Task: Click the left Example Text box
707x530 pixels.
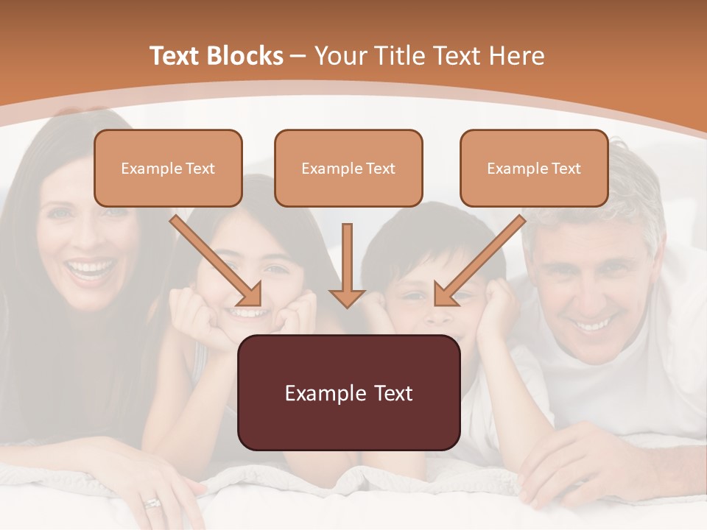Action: coord(168,168)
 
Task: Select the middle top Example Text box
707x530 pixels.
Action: coord(348,168)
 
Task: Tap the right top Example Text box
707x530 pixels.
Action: coord(534,168)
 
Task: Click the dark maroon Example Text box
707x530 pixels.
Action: coord(348,392)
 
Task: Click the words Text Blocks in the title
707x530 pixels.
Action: coord(216,56)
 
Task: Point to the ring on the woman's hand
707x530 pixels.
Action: coord(152,503)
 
